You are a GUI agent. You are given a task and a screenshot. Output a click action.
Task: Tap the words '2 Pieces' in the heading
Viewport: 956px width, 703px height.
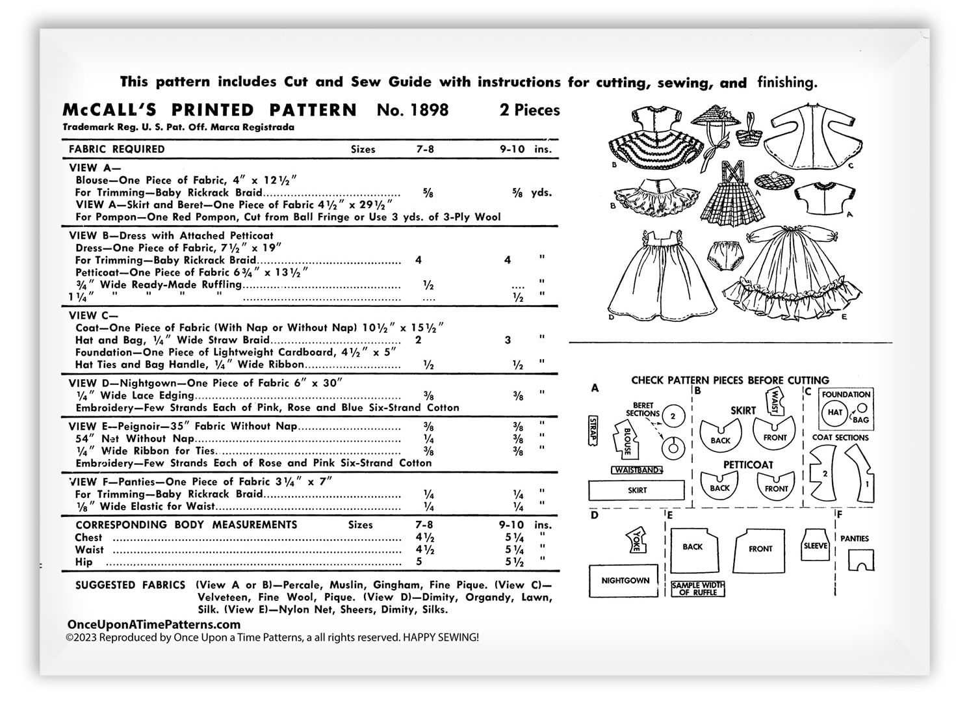point(529,110)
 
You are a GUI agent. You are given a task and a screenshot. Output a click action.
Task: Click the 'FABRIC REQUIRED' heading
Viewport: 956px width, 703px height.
point(117,149)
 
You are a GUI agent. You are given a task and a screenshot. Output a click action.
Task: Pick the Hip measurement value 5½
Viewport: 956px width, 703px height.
point(518,562)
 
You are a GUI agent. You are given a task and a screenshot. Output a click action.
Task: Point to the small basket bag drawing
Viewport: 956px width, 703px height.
point(753,134)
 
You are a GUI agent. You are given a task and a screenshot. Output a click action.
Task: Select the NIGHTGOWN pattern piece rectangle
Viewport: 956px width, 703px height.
point(625,581)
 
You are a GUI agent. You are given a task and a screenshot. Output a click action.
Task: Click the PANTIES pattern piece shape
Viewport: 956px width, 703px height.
point(861,560)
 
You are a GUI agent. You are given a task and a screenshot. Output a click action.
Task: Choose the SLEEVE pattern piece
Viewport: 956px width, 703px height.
point(815,546)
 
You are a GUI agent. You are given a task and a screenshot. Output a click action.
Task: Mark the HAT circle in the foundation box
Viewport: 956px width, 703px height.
point(834,412)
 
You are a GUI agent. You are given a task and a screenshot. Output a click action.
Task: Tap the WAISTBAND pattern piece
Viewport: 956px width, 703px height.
point(637,470)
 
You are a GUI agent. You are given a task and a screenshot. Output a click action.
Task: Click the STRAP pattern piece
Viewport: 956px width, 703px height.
point(592,431)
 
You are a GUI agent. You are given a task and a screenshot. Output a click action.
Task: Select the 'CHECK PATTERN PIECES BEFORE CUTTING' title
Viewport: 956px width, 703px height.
point(730,380)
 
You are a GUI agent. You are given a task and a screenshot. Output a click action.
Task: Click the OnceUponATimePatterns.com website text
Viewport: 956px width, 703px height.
point(153,624)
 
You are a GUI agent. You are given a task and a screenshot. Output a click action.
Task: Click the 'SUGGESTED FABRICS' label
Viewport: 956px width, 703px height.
point(130,585)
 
